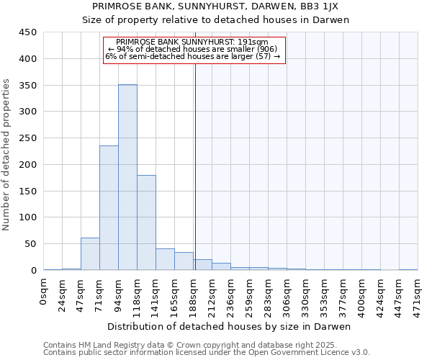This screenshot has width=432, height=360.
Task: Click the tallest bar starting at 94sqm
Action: [x=127, y=177]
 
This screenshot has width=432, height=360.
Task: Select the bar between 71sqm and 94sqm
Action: [x=109, y=208]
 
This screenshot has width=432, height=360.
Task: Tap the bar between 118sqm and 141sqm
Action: [x=146, y=222]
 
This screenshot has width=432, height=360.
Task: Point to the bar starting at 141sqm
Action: [x=165, y=259]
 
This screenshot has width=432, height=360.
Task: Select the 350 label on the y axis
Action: [x=27, y=86]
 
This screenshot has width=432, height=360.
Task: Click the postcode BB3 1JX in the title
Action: [x=325, y=6]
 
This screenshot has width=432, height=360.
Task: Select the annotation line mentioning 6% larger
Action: [x=192, y=56]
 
